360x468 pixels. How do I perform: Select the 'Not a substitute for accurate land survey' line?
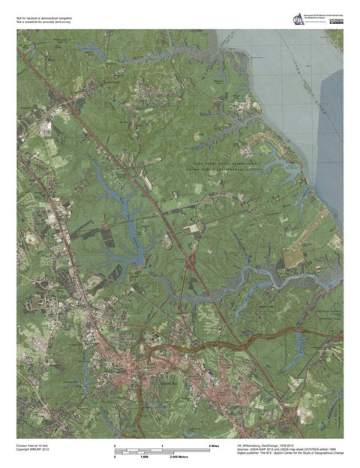[43, 23]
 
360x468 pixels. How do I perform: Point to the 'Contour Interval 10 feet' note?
[34, 445]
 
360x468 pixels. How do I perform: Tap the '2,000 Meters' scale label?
[178, 457]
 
